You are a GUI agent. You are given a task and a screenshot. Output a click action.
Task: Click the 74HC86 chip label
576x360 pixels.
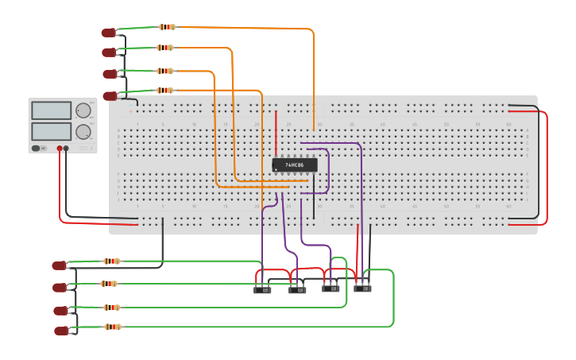pos(295,165)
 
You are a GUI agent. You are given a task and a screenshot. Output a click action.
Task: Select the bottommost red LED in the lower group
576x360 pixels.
pos(61,331)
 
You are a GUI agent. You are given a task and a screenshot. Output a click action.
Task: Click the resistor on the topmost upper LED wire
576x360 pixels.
pos(167,27)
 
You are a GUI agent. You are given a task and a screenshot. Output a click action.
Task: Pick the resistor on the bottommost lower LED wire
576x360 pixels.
pos(113,327)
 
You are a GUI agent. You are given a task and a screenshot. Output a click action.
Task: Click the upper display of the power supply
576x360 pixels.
pos(52,110)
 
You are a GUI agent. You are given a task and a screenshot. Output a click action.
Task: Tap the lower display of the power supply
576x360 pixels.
pos(52,130)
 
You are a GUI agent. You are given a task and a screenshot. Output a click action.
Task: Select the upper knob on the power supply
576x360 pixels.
pos(83,110)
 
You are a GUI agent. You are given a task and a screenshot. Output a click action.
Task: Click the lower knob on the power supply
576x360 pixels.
pos(83,131)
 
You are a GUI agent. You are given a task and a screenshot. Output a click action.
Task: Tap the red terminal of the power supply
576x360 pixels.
pos(60,149)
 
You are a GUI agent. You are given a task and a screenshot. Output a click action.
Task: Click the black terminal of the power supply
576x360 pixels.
pos(66,149)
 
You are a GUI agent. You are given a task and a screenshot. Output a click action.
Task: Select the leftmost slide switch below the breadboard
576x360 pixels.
pos(262,290)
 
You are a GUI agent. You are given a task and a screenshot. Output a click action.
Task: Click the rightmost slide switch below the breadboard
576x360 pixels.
pos(362,288)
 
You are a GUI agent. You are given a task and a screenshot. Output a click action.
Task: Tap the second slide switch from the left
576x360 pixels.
pos(296,290)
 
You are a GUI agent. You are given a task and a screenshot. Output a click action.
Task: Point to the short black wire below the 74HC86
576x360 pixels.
pos(313,184)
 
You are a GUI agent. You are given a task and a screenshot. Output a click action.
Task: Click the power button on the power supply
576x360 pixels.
pos(37,148)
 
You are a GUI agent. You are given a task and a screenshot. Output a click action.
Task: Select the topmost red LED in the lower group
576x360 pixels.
pos(59,265)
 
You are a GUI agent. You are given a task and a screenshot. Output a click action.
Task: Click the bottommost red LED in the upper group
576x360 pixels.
pos(110,95)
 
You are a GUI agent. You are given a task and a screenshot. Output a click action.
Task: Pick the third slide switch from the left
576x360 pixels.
pos(331,288)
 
